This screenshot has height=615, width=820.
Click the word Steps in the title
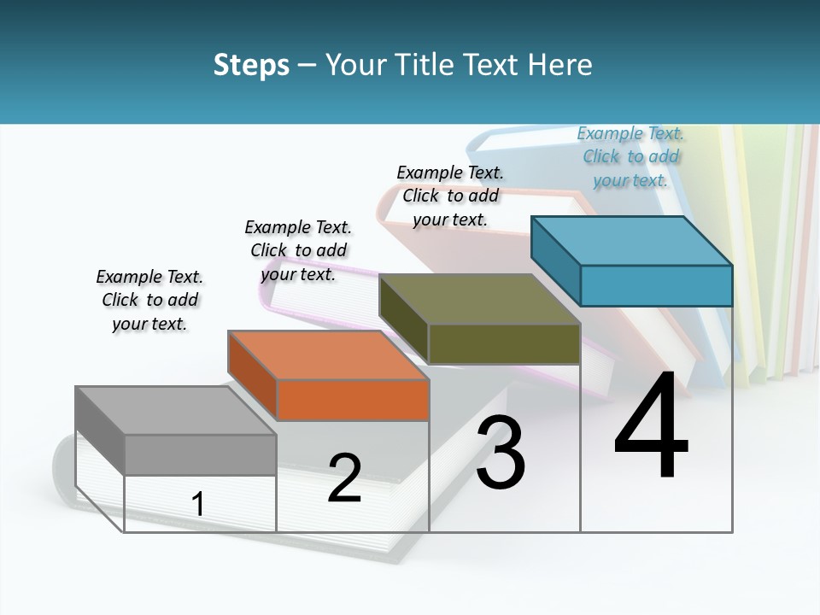point(251,65)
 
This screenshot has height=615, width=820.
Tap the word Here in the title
point(561,65)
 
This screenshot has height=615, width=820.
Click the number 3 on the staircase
point(501,453)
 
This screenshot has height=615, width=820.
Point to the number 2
point(344,478)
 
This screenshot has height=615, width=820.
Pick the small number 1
point(198,505)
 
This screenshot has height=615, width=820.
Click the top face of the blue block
point(631,241)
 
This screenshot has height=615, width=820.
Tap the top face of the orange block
point(327,354)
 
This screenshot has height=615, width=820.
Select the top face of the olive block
point(479,299)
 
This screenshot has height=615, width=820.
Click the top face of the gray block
point(175,411)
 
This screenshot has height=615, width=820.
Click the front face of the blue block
point(656,285)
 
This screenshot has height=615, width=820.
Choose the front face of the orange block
point(353,400)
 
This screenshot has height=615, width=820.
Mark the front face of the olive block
point(504,343)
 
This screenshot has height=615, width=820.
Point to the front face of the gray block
point(201,454)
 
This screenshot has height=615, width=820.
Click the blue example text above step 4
point(630,156)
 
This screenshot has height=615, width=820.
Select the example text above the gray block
point(149,300)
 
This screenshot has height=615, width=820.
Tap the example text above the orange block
point(298,250)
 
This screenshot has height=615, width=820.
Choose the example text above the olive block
point(450,196)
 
